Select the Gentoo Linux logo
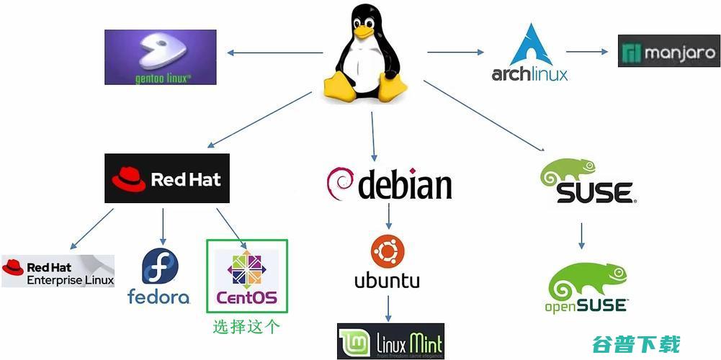(x=160, y=58)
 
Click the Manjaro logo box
(x=668, y=52)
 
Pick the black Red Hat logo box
(x=167, y=179)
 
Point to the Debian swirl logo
(x=341, y=184)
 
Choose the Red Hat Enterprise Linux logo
(x=58, y=271)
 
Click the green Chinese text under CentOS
(x=246, y=327)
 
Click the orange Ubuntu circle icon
(x=387, y=251)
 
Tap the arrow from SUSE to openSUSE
(x=582, y=235)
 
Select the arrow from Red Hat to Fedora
(x=164, y=225)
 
